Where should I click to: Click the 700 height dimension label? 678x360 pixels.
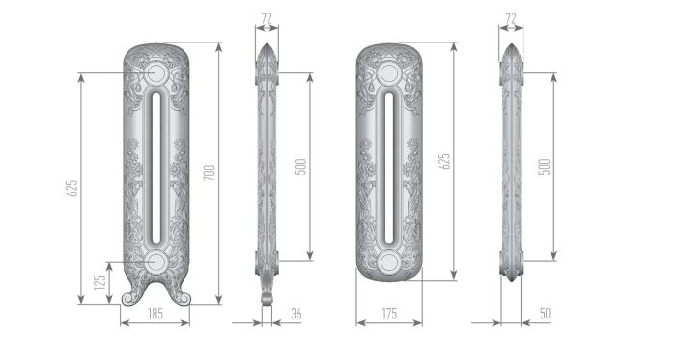pos(209,173)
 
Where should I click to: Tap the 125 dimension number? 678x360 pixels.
pos(99,283)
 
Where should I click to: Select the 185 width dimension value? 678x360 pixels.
pos(155,314)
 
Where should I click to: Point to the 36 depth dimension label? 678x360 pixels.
pos(297,314)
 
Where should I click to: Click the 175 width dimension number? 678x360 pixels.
pos(389,314)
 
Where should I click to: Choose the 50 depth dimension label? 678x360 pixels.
pos(546,314)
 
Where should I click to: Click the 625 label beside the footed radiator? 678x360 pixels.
pos(71,188)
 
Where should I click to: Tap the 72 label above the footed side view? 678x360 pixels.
pos(267,18)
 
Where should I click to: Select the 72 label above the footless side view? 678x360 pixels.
pos(511,18)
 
